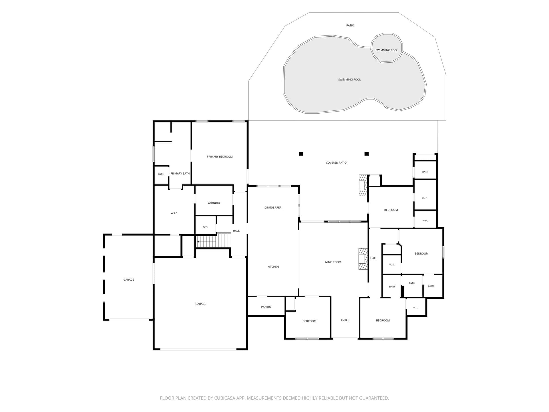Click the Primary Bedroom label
pos(220,157)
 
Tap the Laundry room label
pos(214,203)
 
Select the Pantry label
pos(266,307)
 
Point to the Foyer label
pos(345,320)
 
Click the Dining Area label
pos(273,207)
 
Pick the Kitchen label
pos(273,267)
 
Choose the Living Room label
pos(332,262)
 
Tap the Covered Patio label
pos(336,163)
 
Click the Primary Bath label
pos(180,173)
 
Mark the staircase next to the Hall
pos(214,240)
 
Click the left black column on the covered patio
pos(301,154)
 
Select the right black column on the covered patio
pos(367,154)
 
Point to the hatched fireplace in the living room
pos(363,259)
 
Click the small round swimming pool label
pos(387,50)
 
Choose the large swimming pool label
pos(349,80)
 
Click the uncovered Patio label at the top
pos(350,25)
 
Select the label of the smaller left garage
pos(129,280)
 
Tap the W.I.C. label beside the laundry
pos(174,213)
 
